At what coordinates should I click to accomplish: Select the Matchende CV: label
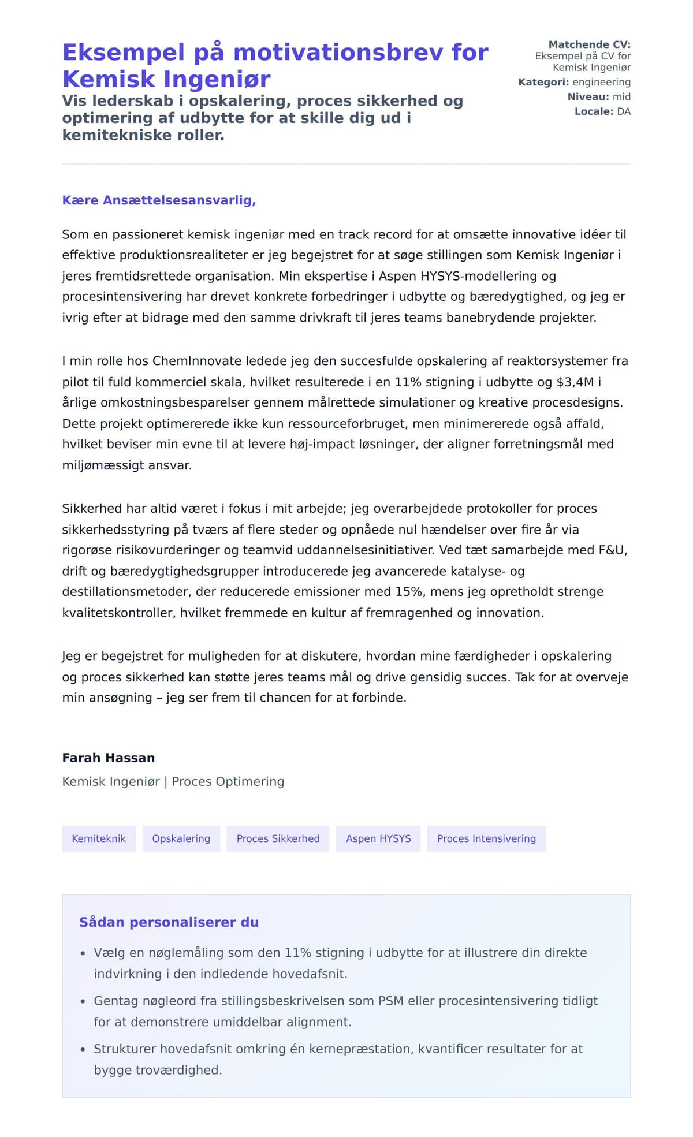pos(589,44)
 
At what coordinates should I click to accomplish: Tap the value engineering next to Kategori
pos(601,82)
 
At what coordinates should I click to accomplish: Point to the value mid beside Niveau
pos(621,96)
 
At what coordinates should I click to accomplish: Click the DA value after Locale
pos(624,111)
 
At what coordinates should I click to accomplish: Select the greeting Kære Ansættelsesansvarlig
pos(159,200)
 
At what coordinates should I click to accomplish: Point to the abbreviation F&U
pos(612,550)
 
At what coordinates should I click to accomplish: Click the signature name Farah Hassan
pos(109,758)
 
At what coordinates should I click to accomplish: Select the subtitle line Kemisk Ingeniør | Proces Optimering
pos(173,781)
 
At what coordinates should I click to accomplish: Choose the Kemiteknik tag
pos(99,838)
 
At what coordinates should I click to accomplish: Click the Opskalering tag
pos(181,838)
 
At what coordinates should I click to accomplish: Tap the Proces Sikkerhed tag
pos(278,838)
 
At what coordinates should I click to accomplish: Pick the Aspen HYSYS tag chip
pos(378,838)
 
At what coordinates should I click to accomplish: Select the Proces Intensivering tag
pos(486,838)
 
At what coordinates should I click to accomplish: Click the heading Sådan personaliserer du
pos(169,922)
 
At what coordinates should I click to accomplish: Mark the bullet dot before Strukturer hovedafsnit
pos(83,1049)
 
